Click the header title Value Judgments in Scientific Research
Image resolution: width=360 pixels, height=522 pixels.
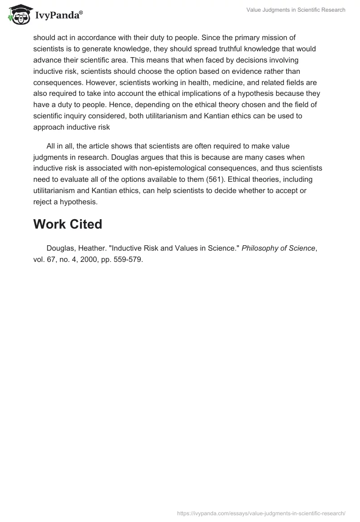point(296,10)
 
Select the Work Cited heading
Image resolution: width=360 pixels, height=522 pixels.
point(67,224)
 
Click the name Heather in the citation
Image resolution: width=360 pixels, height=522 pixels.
point(96,248)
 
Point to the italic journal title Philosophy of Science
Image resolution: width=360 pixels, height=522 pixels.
point(279,248)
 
